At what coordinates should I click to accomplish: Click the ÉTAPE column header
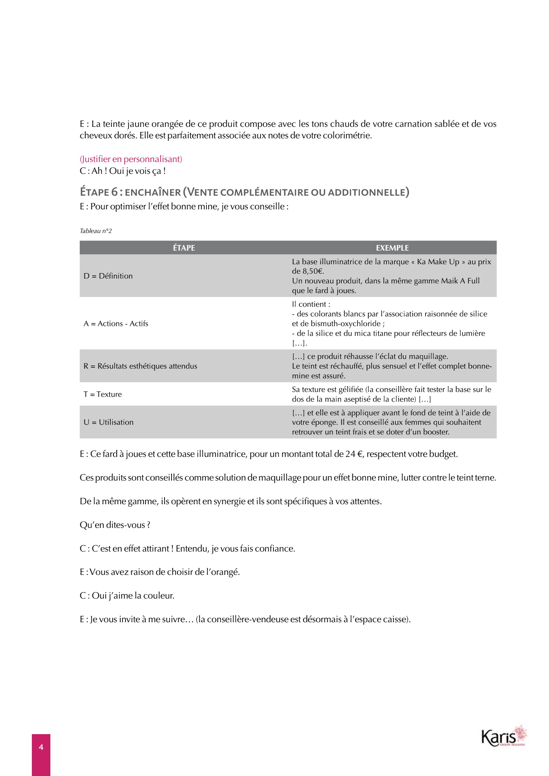click(184, 248)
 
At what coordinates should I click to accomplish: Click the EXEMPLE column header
click(392, 248)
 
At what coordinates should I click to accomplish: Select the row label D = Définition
click(108, 276)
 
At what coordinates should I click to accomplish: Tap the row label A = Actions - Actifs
click(116, 323)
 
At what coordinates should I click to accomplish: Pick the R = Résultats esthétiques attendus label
click(140, 366)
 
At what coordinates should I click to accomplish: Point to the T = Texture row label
click(103, 394)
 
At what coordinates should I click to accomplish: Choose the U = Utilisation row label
click(109, 422)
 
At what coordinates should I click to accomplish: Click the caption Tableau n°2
click(96, 231)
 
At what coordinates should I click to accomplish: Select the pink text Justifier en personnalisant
click(131, 159)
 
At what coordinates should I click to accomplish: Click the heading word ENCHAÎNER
click(153, 192)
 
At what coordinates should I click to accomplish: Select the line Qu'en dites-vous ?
click(115, 525)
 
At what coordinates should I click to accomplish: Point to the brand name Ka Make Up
click(438, 261)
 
